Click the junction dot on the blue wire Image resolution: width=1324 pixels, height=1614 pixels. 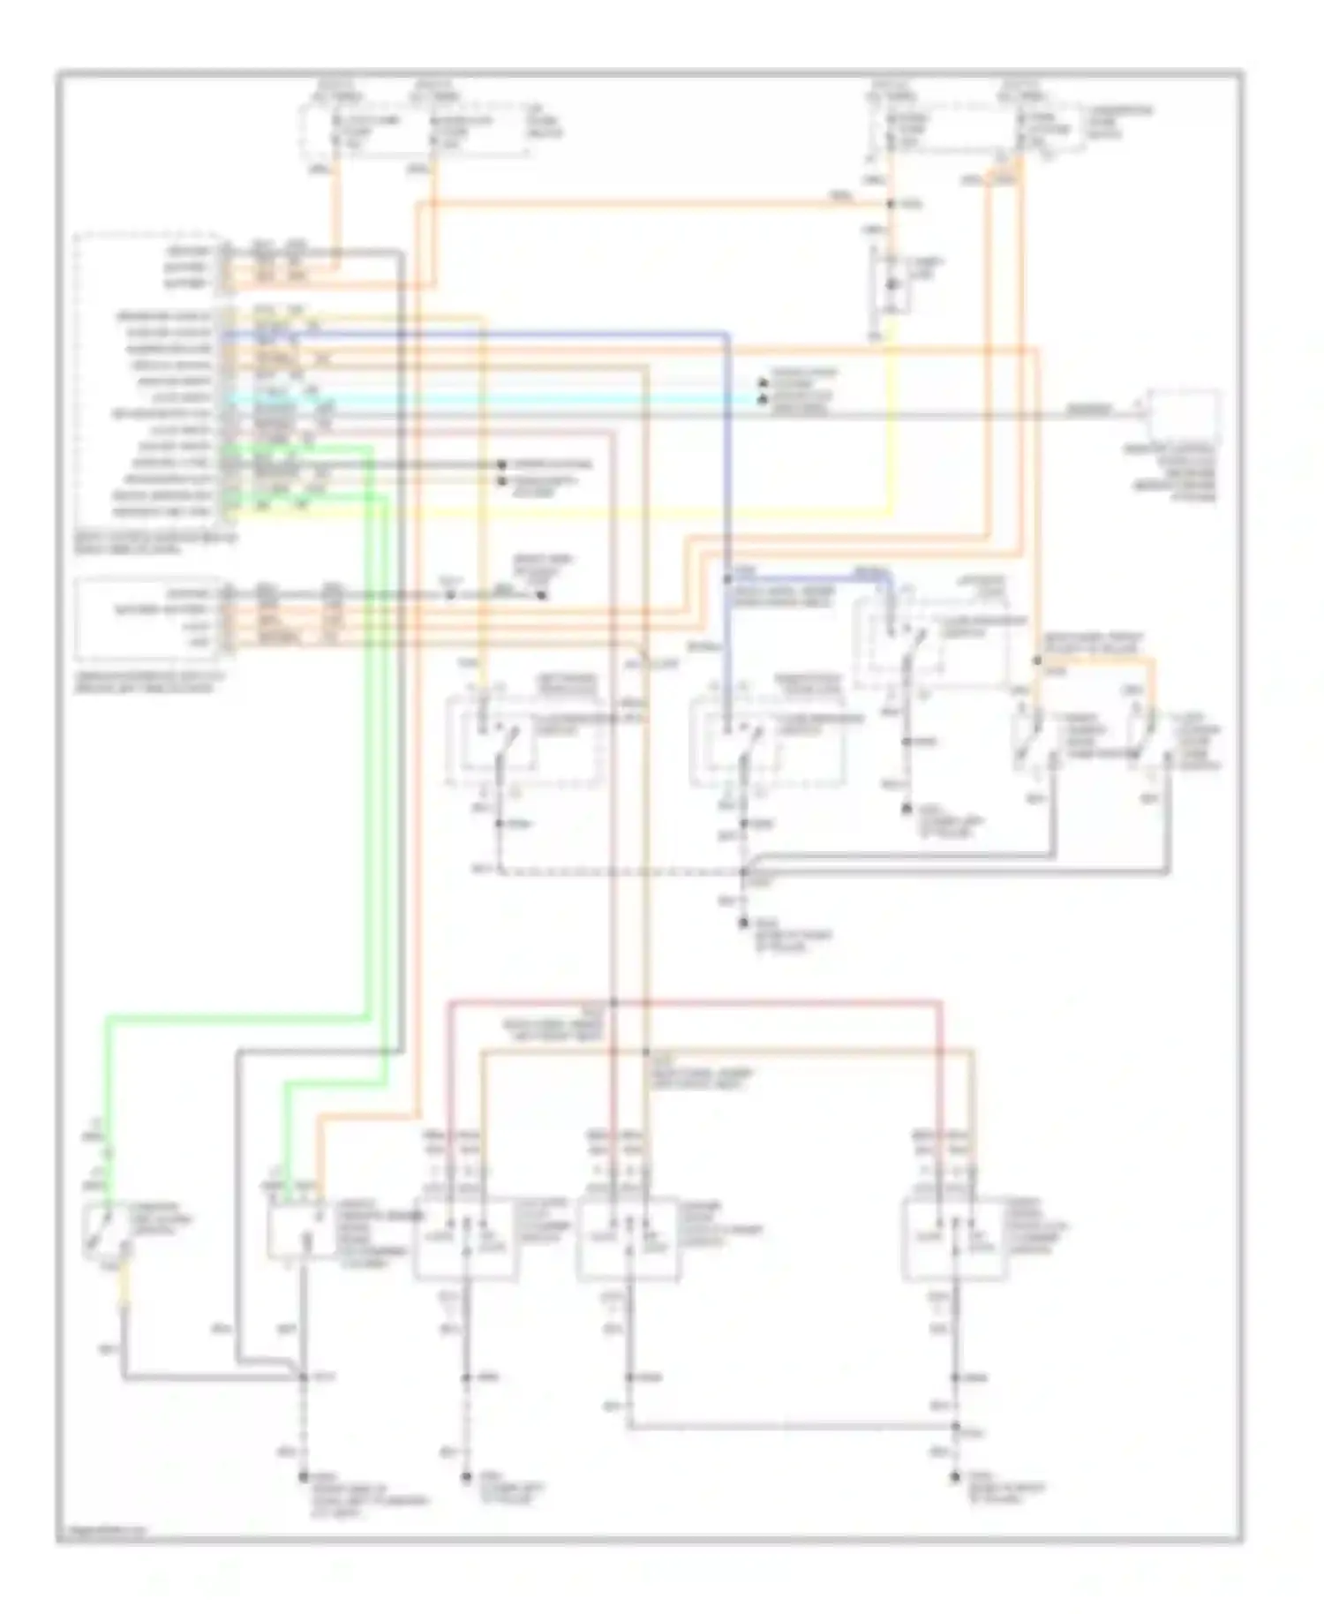pos(727,579)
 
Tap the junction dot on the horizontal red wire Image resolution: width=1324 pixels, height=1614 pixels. pos(613,1003)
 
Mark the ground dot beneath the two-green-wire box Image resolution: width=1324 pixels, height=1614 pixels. pos(304,1476)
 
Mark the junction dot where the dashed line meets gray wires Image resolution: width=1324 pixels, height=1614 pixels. pos(744,872)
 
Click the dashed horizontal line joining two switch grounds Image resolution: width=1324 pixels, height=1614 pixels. pos(618,872)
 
